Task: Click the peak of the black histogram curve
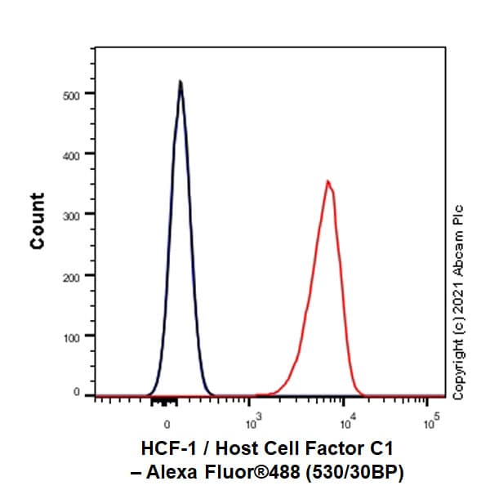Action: (x=180, y=81)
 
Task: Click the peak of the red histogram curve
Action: (x=327, y=181)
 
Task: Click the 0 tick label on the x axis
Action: (x=167, y=425)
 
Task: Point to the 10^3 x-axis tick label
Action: (x=253, y=423)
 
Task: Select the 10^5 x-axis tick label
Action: (x=430, y=423)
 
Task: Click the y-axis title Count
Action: (x=38, y=220)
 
